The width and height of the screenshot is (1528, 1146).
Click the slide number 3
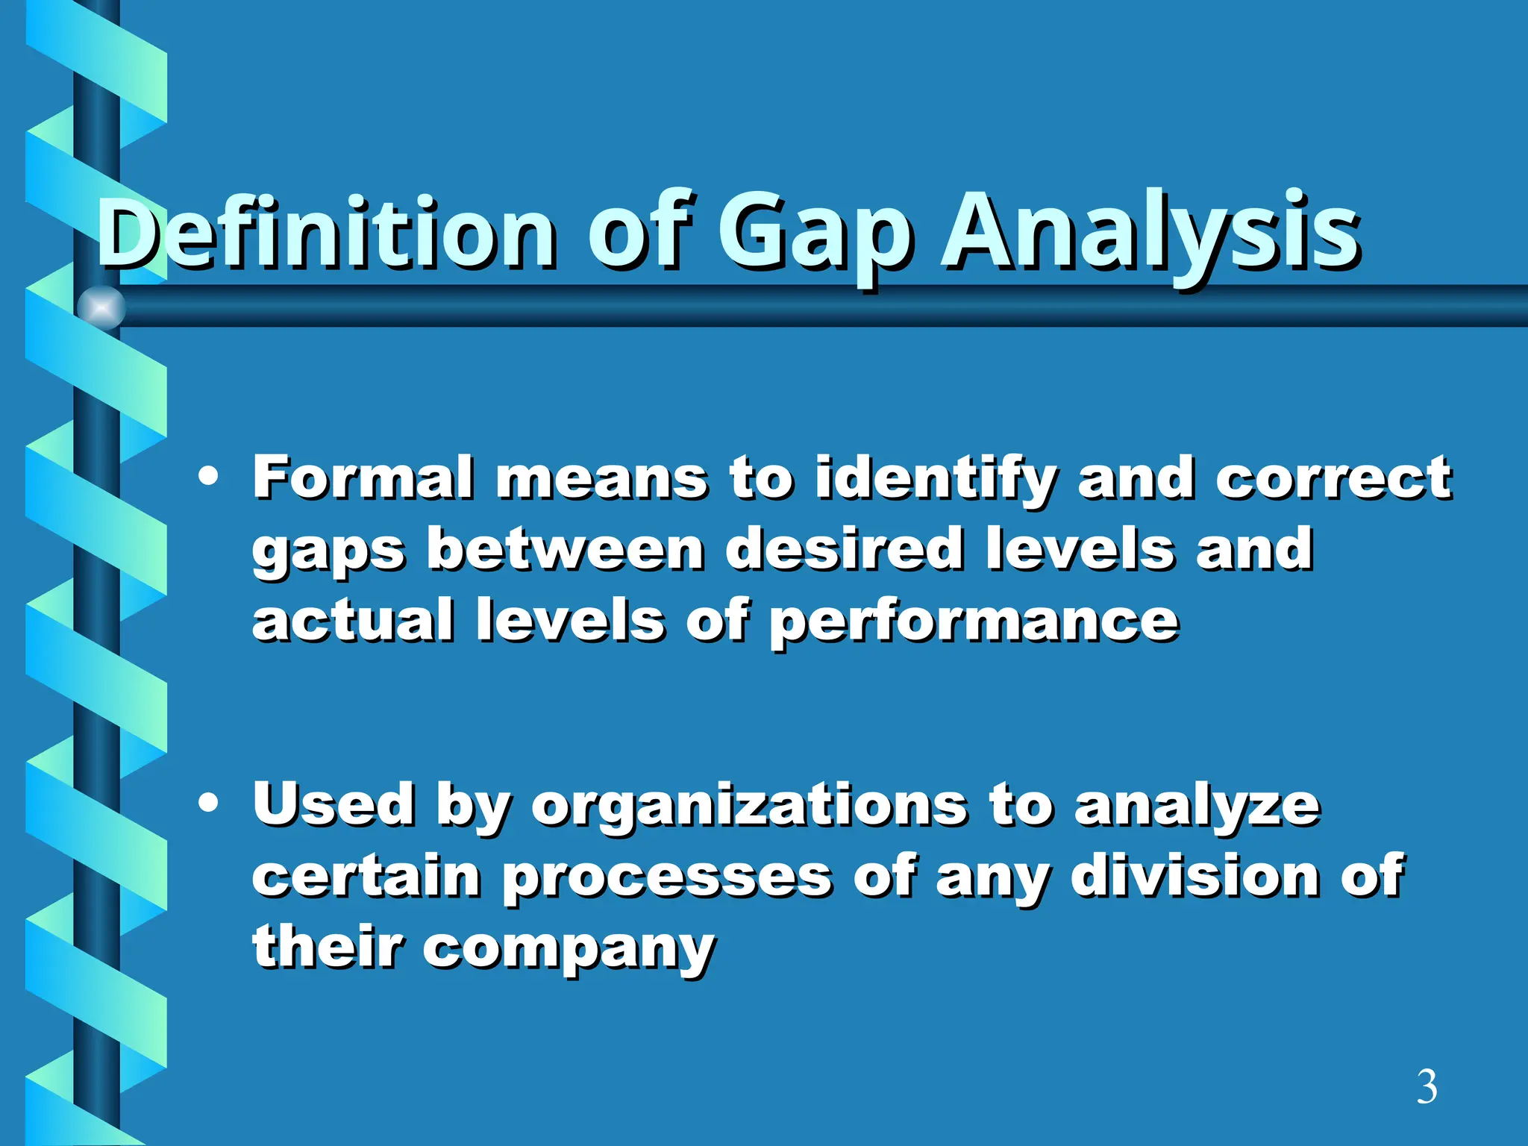(1427, 1088)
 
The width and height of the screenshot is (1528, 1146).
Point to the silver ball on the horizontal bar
(101, 307)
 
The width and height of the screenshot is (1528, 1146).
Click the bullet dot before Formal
(209, 477)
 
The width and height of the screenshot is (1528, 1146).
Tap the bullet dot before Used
(209, 804)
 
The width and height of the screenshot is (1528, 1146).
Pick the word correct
(1333, 478)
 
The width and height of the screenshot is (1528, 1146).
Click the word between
(565, 549)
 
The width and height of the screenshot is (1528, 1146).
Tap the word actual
(352, 621)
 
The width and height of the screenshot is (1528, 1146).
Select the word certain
(366, 876)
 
